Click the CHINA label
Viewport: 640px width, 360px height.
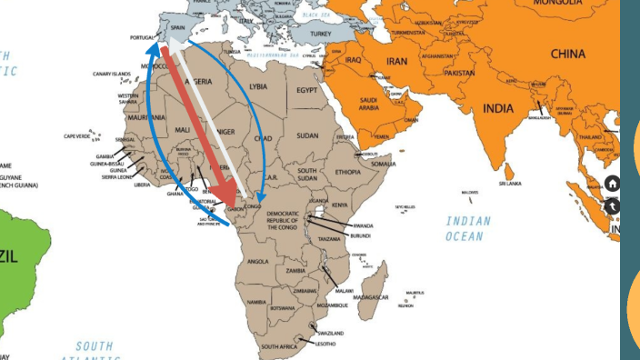(567, 54)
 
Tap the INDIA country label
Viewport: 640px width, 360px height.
(497, 108)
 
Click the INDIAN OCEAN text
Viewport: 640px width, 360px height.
(468, 228)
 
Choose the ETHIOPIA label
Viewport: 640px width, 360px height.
(347, 172)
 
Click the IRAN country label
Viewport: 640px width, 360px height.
(396, 61)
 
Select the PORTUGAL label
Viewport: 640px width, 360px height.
(144, 37)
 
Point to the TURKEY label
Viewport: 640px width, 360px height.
(321, 34)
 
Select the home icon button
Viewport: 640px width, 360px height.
(613, 183)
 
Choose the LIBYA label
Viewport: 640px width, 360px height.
(258, 85)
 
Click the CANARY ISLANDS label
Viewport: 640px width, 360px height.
(112, 74)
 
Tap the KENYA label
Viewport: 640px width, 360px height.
(338, 205)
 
